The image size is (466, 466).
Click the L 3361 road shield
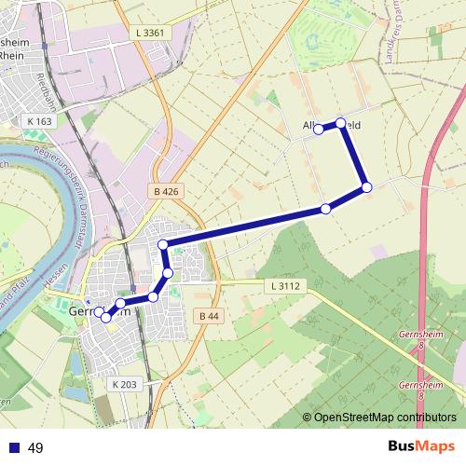149,33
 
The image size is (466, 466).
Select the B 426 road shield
164,191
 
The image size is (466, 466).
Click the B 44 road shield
211,317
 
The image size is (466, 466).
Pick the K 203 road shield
124,384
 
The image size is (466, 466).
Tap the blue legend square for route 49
14,447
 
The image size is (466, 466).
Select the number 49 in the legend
36,447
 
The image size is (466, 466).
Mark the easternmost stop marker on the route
366,187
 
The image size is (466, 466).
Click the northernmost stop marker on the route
341,123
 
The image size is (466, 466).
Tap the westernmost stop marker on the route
99,311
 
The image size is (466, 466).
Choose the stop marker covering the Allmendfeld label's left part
318,129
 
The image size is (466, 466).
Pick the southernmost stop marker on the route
106,318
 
